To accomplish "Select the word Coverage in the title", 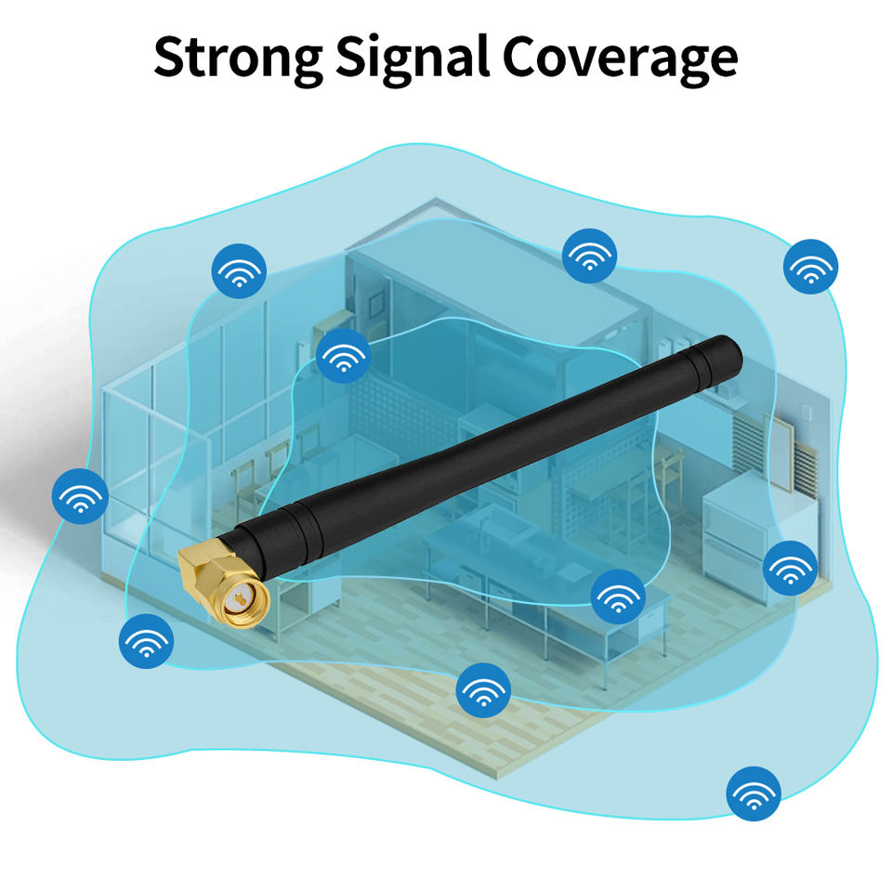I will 621,58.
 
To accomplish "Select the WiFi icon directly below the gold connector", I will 146,640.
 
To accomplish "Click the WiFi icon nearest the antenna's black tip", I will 811,266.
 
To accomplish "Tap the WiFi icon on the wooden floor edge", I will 483,689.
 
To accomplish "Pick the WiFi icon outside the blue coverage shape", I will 753,793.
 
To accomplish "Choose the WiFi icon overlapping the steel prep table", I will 618,597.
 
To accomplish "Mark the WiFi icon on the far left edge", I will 80,496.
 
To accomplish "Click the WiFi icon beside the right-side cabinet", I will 790,567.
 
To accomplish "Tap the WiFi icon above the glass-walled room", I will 240,269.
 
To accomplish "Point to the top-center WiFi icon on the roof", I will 589,255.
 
